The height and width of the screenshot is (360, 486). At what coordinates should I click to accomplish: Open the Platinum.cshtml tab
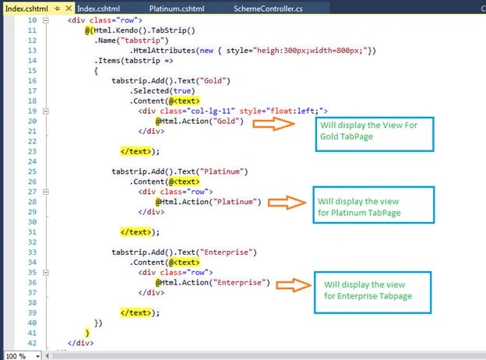pos(177,9)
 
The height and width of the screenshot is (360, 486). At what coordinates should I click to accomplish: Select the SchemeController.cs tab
pos(268,9)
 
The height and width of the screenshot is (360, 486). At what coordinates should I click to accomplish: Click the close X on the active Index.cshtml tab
pos(69,9)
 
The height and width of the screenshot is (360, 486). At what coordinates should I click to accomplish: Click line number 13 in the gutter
pos(32,51)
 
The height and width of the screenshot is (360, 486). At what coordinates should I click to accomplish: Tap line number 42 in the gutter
pos(32,343)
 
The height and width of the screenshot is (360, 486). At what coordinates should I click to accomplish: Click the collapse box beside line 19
pos(45,111)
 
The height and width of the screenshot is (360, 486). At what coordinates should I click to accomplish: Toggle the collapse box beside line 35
pos(45,273)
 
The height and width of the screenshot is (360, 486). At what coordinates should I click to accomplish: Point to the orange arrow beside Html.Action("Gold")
pos(273,124)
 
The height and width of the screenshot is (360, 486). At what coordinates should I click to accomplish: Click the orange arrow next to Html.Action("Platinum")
pos(287,203)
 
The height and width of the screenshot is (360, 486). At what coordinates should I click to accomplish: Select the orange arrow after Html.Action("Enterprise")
pos(294,285)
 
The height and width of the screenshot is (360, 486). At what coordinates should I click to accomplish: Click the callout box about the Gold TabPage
pos(375,134)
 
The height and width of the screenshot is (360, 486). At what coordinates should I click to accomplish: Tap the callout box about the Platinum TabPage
pos(374,205)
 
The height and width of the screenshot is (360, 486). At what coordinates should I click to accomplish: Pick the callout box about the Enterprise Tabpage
pos(372,293)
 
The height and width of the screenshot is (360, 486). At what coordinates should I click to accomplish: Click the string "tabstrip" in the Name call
pos(143,41)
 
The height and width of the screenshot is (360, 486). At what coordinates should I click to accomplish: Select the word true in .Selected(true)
pos(182,91)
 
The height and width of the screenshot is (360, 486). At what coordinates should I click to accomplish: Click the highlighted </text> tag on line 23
pos(136,152)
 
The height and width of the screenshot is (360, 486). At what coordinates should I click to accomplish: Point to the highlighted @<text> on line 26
pos(184,182)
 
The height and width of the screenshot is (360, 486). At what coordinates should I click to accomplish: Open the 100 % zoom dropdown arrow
pos(37,356)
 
